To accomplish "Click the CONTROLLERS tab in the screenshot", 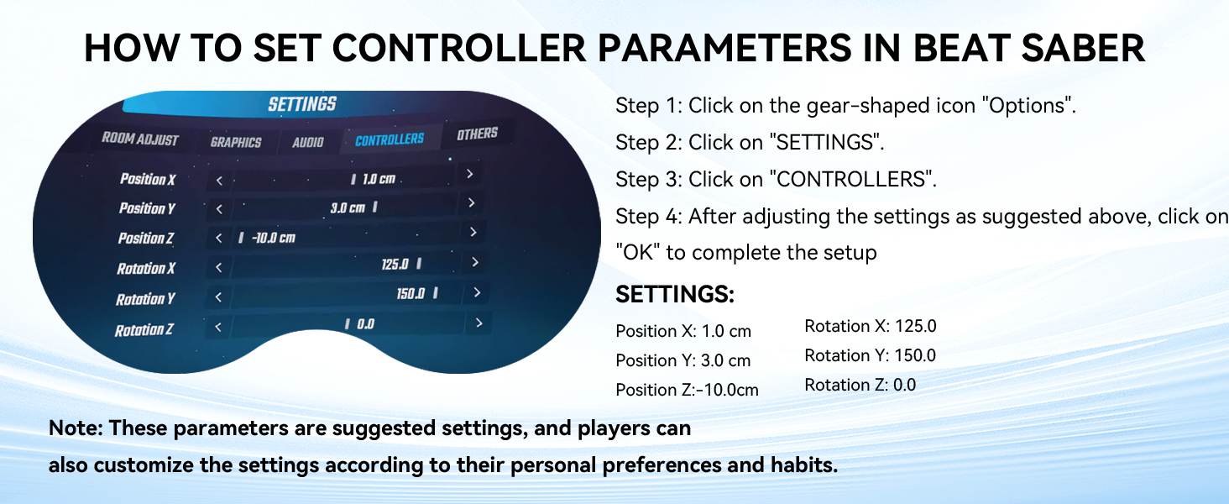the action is [389, 140].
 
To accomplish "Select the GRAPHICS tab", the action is [235, 142].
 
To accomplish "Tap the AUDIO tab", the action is [308, 143].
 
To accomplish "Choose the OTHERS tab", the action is [478, 134].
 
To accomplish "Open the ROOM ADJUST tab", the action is [140, 139].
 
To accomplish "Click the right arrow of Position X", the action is [469, 174].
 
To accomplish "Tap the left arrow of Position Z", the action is [219, 238].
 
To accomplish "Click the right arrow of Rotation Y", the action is [477, 292].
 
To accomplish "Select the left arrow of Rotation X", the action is [219, 267].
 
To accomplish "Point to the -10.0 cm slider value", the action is [273, 238].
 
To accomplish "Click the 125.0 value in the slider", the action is [395, 264].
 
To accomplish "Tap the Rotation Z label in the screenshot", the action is [144, 330].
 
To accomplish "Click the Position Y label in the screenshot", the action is [147, 208].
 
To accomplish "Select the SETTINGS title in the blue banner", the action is [302, 104].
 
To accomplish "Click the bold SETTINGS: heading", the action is [675, 294].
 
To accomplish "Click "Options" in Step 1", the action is [1029, 105].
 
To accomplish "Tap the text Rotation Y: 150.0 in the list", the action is [871, 355].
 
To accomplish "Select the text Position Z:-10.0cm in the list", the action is [687, 390].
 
